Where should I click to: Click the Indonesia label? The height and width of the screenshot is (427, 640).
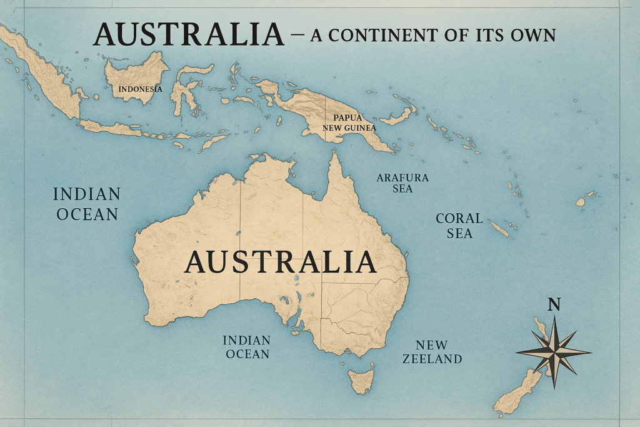click(x=140, y=89)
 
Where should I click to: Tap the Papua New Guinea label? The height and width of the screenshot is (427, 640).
click(x=349, y=123)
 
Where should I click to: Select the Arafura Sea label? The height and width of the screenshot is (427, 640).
click(x=402, y=183)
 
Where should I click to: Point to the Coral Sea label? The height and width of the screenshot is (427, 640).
click(x=459, y=226)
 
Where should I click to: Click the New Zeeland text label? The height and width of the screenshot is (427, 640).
click(x=432, y=352)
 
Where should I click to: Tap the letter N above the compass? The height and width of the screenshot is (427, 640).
click(x=554, y=304)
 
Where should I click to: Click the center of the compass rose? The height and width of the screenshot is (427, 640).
click(x=554, y=352)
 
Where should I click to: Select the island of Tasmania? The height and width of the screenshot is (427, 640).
click(x=361, y=380)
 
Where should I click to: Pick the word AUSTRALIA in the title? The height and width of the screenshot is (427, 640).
click(x=188, y=34)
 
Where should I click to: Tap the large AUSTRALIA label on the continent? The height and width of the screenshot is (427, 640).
click(x=280, y=262)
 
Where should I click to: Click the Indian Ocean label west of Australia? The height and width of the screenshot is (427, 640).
click(x=86, y=204)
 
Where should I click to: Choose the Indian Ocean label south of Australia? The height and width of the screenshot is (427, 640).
click(x=246, y=347)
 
